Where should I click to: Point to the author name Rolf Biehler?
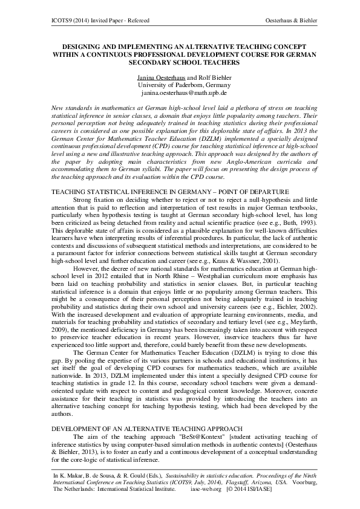tap(209, 77)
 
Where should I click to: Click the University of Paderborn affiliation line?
tap(180, 85)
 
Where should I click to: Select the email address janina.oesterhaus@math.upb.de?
tap(180, 93)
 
